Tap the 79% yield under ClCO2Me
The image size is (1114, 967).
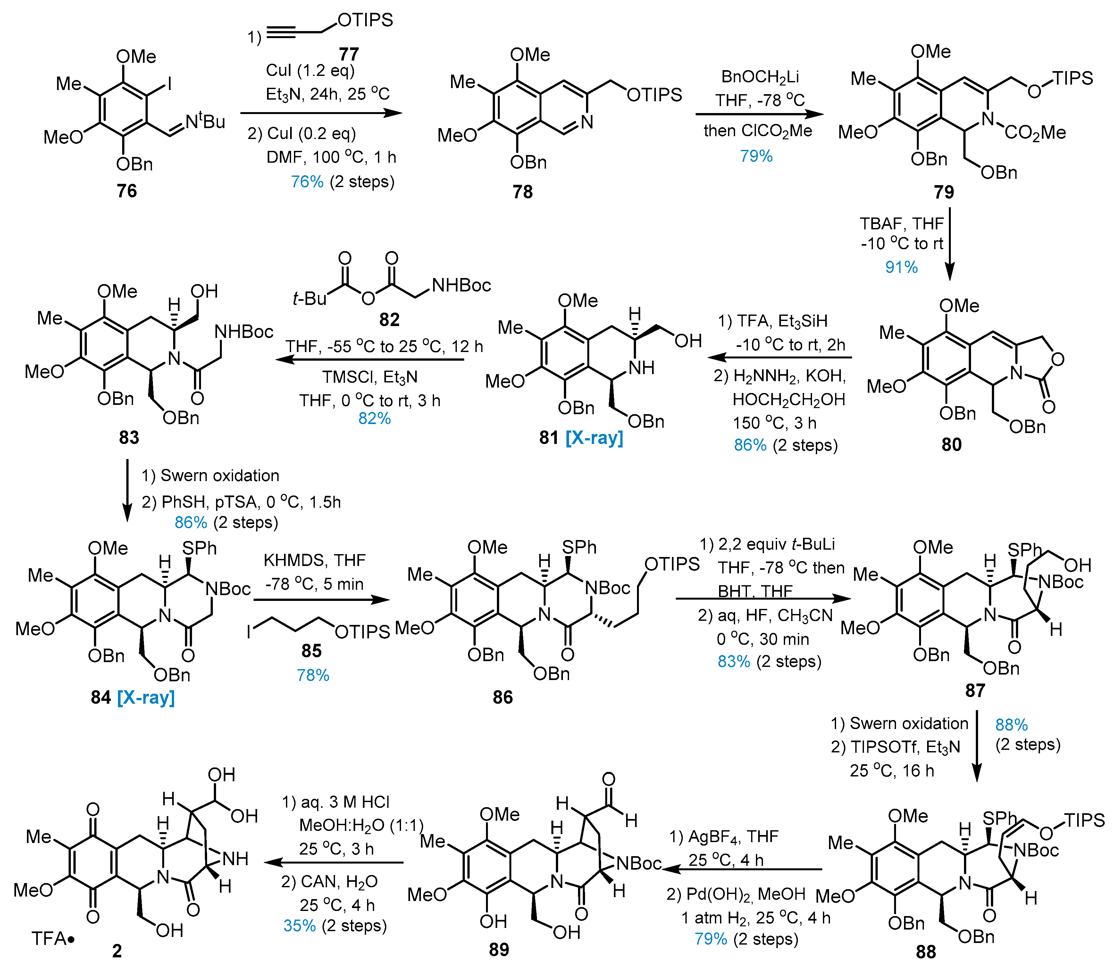pyautogui.click(x=756, y=156)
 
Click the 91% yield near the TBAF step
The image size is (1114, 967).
pyautogui.click(x=901, y=266)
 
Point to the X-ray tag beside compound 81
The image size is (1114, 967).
pyautogui.click(x=594, y=437)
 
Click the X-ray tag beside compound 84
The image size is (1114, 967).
pyautogui.click(x=146, y=697)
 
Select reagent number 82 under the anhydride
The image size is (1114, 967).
pyautogui.click(x=389, y=319)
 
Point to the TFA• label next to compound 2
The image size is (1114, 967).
pyautogui.click(x=52, y=939)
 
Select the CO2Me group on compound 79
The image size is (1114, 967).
pyautogui.click(x=1034, y=133)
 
